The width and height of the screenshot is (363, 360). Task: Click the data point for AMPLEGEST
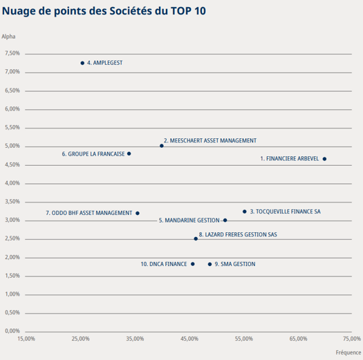pyautogui.click(x=82, y=63)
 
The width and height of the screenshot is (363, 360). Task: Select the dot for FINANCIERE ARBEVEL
pyautogui.click(x=324, y=159)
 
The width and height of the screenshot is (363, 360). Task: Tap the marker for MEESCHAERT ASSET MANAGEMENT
pyautogui.click(x=162, y=146)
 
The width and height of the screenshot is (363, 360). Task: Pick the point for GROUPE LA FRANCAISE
pyautogui.click(x=129, y=153)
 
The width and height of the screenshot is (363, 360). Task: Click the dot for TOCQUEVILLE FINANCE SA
pyautogui.click(x=245, y=211)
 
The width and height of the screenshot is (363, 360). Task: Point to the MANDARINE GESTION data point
pyautogui.click(x=225, y=220)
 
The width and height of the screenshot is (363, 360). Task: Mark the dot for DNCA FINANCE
pyautogui.click(x=193, y=264)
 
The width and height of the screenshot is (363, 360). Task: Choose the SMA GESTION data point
pyautogui.click(x=210, y=264)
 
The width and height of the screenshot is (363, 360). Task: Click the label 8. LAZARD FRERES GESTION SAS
pyautogui.click(x=238, y=235)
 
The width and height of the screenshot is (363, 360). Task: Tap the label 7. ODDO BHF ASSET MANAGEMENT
pyautogui.click(x=89, y=213)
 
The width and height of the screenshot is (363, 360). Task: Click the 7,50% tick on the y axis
pyautogui.click(x=12, y=53)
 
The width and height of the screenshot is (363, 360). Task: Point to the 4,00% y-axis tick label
pyautogui.click(x=12, y=183)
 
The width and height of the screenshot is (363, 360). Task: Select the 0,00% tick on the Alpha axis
pyautogui.click(x=12, y=331)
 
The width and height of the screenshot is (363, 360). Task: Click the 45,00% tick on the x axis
pyautogui.click(x=189, y=339)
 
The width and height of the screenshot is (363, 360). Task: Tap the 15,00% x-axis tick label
pyautogui.click(x=26, y=339)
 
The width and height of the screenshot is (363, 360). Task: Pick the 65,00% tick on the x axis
pyautogui.click(x=298, y=339)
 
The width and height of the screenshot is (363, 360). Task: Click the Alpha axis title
pyautogui.click(x=8, y=37)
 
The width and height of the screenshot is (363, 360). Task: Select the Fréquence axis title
pyautogui.click(x=348, y=352)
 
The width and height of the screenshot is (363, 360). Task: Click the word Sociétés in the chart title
pyautogui.click(x=131, y=10)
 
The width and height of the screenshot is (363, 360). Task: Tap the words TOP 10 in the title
pyautogui.click(x=188, y=10)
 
